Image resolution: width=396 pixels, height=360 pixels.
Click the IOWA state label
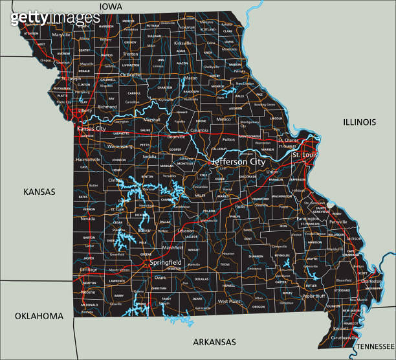pyautogui.click(x=111, y=6)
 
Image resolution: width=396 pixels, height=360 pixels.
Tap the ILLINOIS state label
pyautogui.click(x=359, y=122)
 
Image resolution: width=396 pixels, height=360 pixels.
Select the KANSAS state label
pyautogui.click(x=39, y=192)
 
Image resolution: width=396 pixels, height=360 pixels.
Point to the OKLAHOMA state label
pyautogui.click(x=39, y=316)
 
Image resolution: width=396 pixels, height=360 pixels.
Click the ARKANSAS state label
pyautogui.click(x=214, y=341)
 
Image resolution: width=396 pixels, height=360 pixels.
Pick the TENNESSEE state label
pyautogui.click(x=375, y=346)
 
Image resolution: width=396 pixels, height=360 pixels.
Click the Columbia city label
pyautogui.click(x=199, y=131)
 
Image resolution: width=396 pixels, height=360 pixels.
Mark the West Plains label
pyautogui.click(x=229, y=301)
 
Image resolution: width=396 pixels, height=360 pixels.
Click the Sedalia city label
pyautogui.click(x=149, y=157)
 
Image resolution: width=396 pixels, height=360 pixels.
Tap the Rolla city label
pyautogui.click(x=240, y=207)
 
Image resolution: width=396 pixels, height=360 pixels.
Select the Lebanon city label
pyautogui.click(x=186, y=231)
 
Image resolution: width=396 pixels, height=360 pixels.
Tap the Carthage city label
pyautogui.click(x=89, y=269)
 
